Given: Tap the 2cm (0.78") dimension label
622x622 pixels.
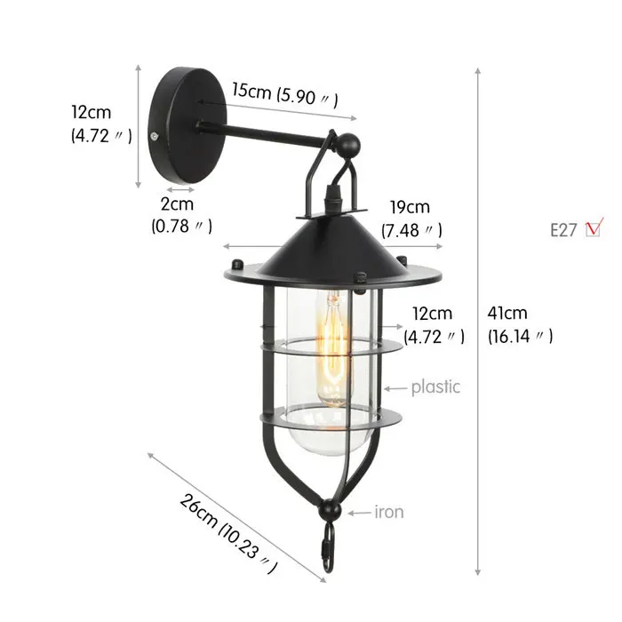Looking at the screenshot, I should point(182,216).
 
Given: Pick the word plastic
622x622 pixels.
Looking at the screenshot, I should point(435,387).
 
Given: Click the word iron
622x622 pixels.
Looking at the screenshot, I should point(389,512).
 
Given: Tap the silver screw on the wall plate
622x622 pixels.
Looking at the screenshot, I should point(156,136).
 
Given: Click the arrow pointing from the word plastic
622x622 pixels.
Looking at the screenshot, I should point(395,387).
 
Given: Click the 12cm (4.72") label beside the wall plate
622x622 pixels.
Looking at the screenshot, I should point(100,124).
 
